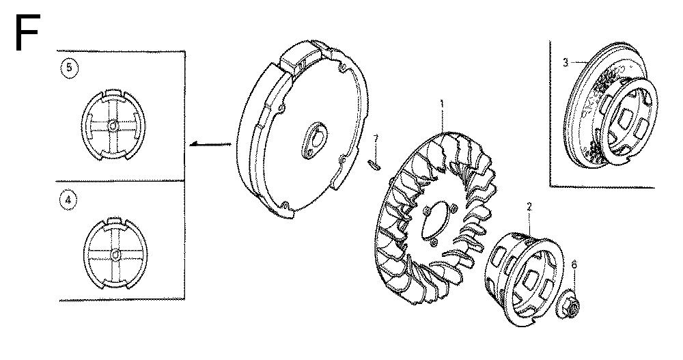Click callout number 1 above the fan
(442, 105)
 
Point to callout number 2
(529, 205)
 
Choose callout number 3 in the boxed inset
(566, 62)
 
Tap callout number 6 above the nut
(574, 263)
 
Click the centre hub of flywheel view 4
(114, 255)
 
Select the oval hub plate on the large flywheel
(311, 136)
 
